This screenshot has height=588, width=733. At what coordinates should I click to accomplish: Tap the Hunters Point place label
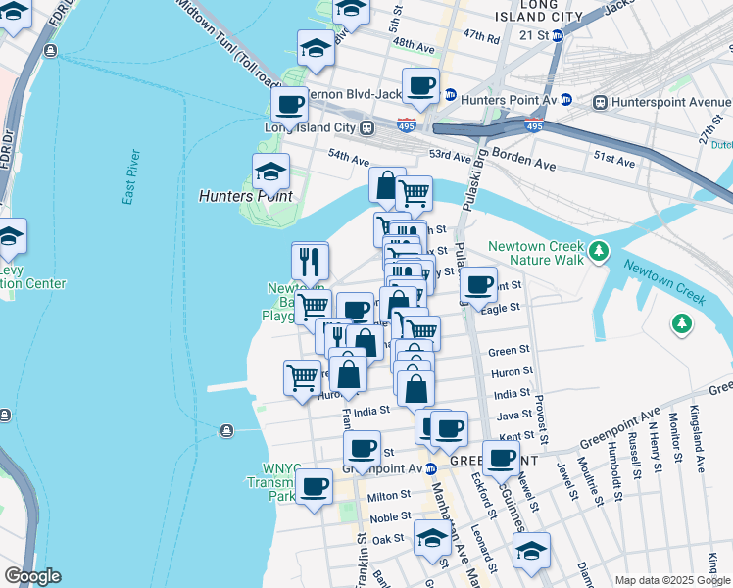click(x=246, y=195)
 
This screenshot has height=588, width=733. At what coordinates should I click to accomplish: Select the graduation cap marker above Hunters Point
click(x=270, y=171)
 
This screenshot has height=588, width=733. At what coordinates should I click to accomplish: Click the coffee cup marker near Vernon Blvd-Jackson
click(x=421, y=85)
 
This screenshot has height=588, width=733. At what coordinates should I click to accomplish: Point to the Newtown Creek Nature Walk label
click(x=536, y=253)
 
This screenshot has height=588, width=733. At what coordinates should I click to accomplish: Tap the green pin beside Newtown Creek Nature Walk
click(x=598, y=254)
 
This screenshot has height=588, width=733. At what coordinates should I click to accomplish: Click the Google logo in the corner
click(x=31, y=576)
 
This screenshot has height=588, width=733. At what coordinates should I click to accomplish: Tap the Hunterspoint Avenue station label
click(x=670, y=102)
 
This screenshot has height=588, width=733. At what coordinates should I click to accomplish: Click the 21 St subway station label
click(x=535, y=34)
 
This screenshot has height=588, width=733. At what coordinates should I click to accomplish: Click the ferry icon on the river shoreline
click(x=226, y=430)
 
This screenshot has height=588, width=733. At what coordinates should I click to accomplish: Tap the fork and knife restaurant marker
click(x=310, y=260)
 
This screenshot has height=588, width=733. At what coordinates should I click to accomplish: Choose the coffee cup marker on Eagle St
click(x=478, y=284)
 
